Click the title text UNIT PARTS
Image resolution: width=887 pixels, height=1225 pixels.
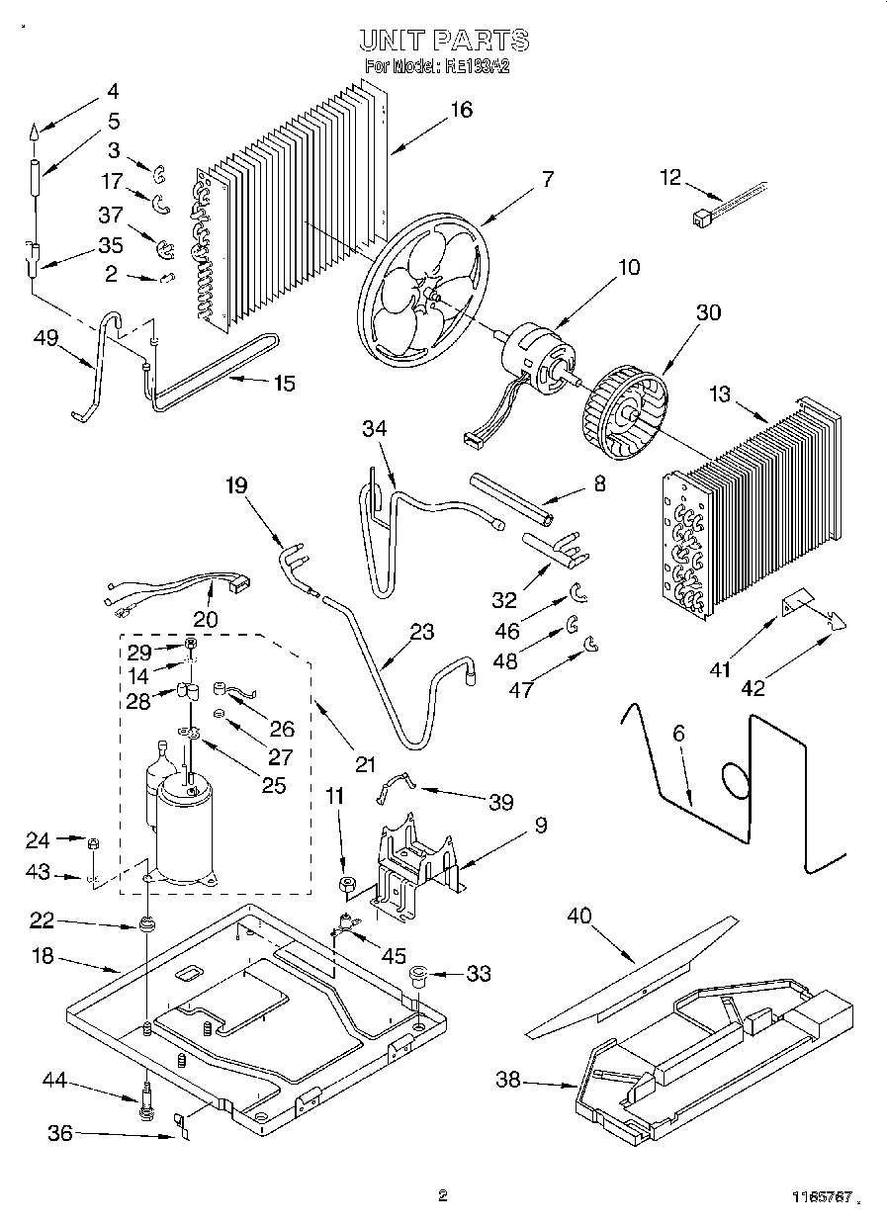point(443,41)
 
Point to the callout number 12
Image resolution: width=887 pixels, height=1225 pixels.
point(670,177)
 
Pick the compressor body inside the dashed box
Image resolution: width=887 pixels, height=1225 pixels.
point(186,831)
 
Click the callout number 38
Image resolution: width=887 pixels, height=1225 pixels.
point(508,1080)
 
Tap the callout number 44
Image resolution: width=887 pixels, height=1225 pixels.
point(54,1081)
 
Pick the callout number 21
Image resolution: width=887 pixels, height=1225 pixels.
point(366,763)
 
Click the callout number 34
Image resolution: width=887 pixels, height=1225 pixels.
point(374,430)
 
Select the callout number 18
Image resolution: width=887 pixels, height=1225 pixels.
point(44,958)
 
